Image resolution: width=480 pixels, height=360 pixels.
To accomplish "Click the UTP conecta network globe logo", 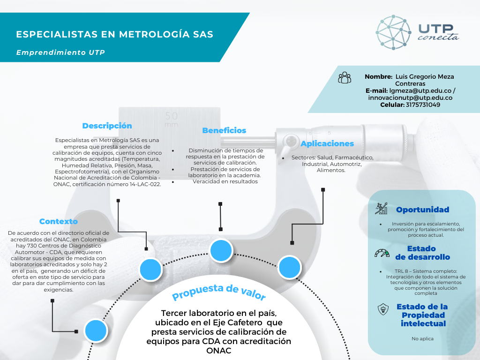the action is pos(393,32).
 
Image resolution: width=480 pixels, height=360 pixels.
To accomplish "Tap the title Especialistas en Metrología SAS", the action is pos(114,34).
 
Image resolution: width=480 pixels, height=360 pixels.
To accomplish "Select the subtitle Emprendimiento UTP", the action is pos(60,52).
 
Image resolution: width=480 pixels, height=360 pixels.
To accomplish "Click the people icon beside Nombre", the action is pos(345,78).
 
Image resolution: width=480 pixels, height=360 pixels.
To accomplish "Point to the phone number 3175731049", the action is pos(423,105).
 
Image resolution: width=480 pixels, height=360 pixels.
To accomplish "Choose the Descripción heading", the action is pos(107,126).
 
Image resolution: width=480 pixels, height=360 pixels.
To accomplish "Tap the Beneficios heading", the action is pos(224,130).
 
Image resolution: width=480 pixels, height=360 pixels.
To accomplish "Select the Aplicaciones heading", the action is pos(327,143).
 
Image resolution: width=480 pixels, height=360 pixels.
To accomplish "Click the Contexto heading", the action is pos(59,221).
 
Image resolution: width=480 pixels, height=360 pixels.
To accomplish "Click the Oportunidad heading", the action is pos(423,210).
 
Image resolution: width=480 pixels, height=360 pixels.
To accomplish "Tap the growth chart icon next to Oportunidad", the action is pos(381,209).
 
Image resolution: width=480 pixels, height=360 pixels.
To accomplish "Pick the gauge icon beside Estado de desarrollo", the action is pos(382,253).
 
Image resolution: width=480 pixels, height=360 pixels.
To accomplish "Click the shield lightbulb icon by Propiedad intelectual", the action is pos(383,309).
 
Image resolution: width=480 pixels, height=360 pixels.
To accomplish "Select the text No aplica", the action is pos(422,338).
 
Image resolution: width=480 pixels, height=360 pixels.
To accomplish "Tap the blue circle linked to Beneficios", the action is pos(221,250).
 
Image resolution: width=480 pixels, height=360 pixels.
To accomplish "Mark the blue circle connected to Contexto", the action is pos(96,330).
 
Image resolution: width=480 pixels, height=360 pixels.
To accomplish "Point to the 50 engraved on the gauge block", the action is pos(172,116).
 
